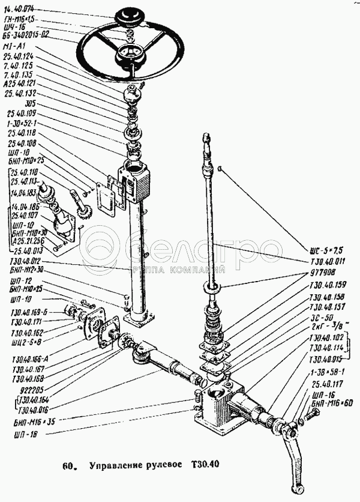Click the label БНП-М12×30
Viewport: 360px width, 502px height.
tap(28, 270)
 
